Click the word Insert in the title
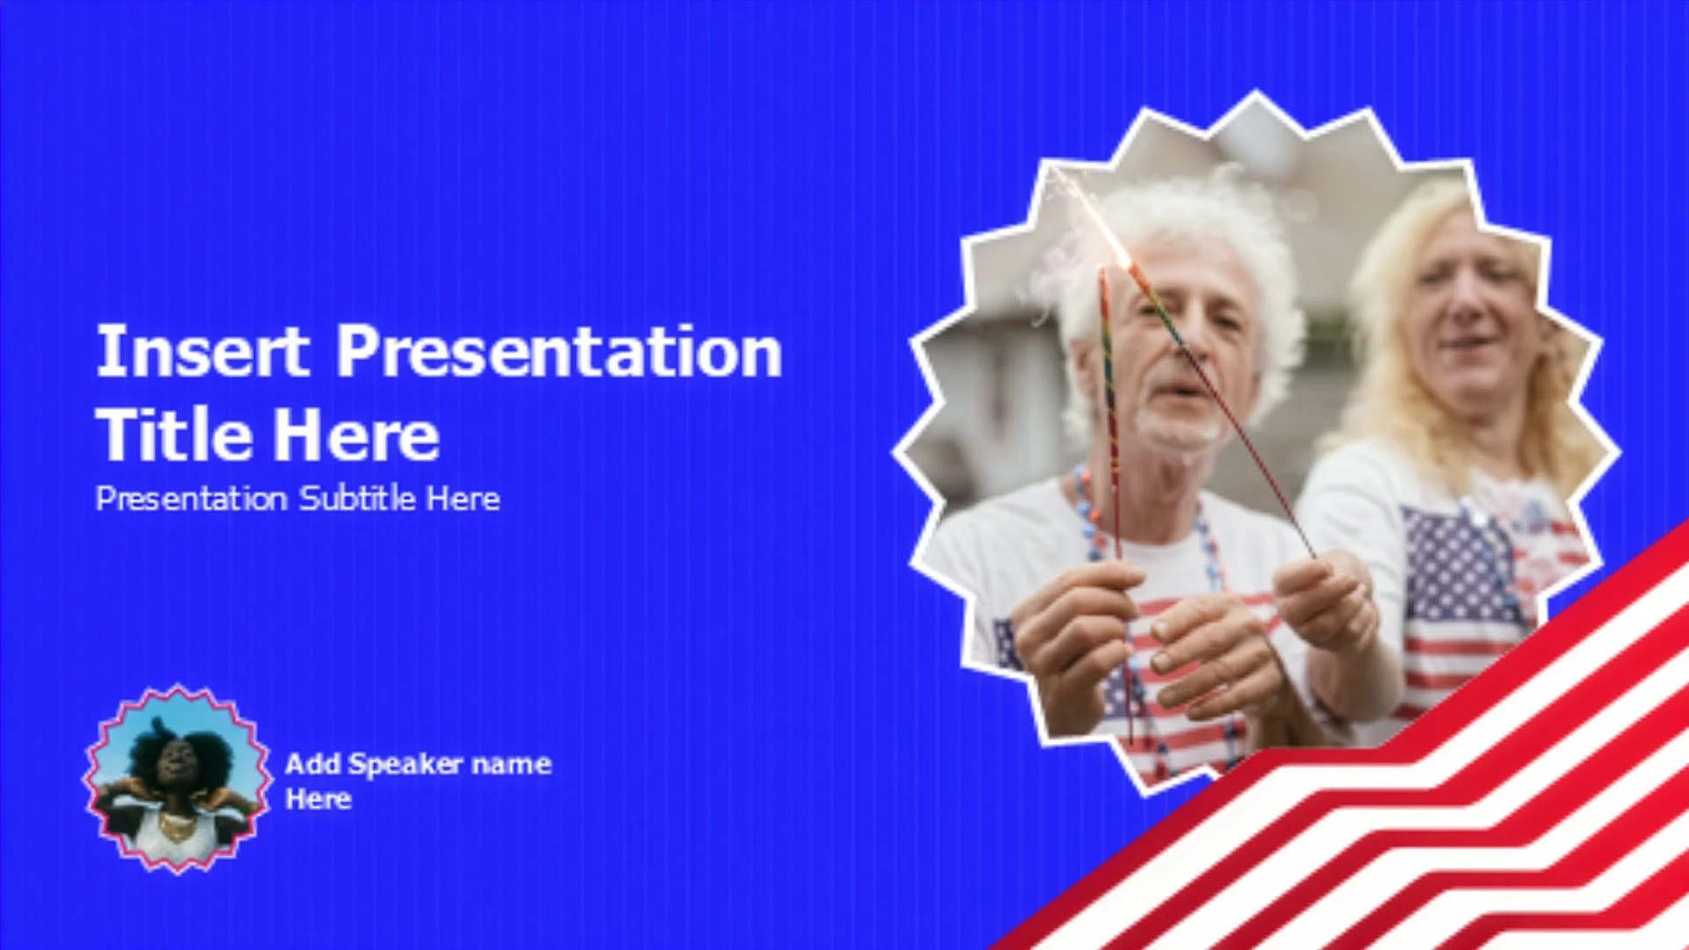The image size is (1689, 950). pyautogui.click(x=202, y=351)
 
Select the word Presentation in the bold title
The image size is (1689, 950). pyautogui.click(x=559, y=351)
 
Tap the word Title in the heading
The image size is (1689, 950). pyautogui.click(x=173, y=435)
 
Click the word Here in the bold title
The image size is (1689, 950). pyautogui.click(x=355, y=435)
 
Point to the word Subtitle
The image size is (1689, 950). pyautogui.click(x=357, y=499)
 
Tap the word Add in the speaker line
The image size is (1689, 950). pyautogui.click(x=312, y=764)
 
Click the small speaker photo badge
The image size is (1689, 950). pyautogui.click(x=177, y=779)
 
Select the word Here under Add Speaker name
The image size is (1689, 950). pyautogui.click(x=318, y=800)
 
